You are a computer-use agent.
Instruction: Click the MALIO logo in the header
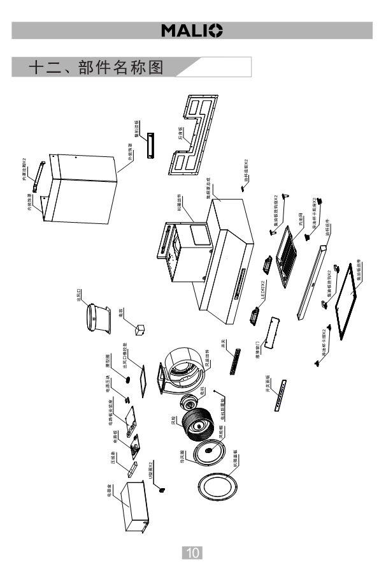click(x=192, y=30)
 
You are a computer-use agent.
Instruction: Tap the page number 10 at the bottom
click(x=193, y=551)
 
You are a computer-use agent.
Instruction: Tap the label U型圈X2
click(x=151, y=472)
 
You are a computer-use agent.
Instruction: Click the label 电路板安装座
click(x=111, y=415)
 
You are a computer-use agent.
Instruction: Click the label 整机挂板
click(x=137, y=128)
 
